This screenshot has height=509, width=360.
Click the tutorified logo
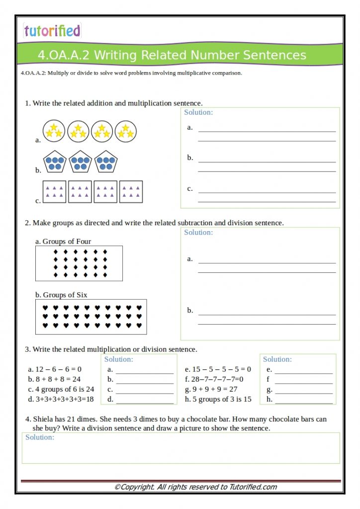52,31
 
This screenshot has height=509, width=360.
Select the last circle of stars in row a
125,131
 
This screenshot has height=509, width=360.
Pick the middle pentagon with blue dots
80,162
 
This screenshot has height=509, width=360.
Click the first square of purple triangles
54,191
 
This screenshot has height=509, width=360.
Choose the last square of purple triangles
131,191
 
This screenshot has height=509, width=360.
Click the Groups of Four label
63,242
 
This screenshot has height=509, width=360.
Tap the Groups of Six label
61,295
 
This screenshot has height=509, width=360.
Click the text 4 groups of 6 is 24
61,389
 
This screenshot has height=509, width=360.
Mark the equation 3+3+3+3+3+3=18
61,399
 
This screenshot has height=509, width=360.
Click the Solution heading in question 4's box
40,437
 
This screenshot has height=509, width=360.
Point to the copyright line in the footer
195,487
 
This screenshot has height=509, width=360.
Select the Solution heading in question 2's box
198,233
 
